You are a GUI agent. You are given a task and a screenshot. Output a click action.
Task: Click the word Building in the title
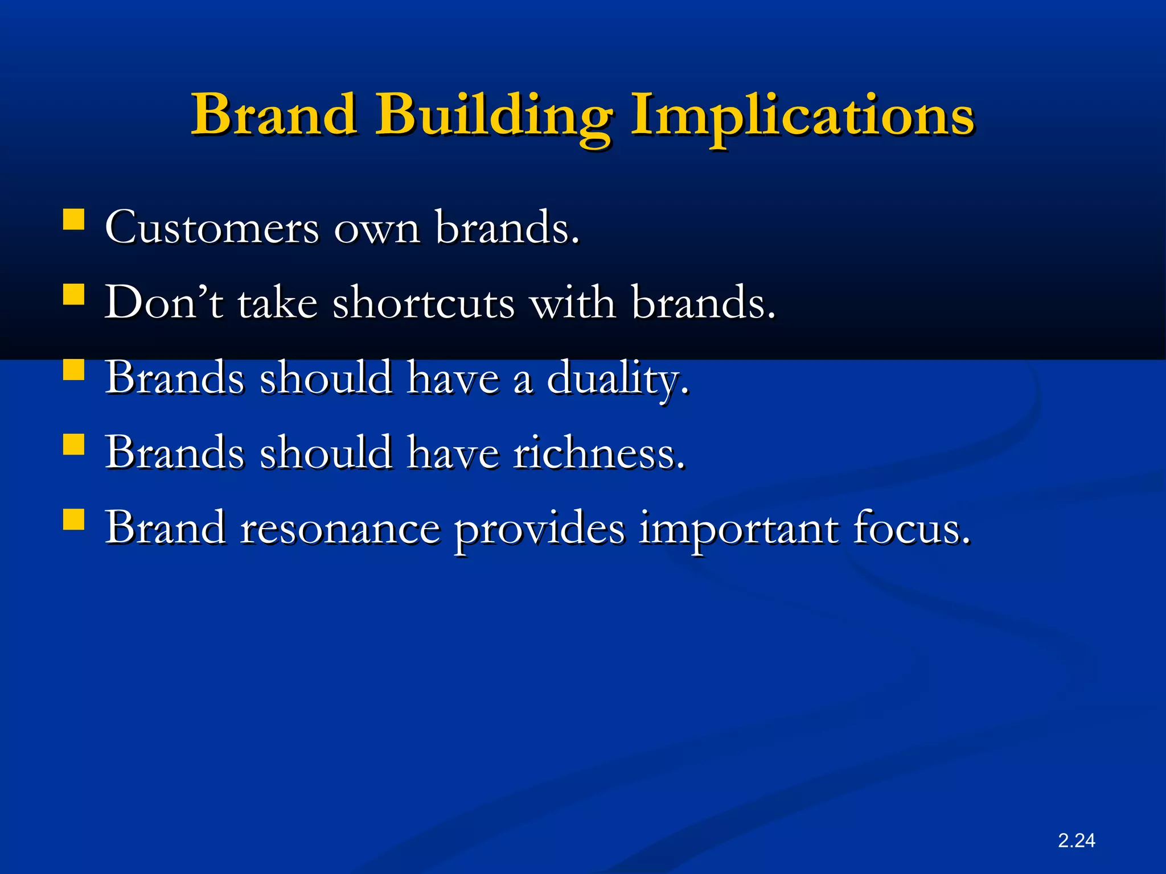493,117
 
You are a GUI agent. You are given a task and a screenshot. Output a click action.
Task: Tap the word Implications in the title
803,117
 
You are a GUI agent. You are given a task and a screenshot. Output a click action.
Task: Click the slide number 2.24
1076,840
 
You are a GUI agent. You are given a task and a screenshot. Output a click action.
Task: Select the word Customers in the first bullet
212,228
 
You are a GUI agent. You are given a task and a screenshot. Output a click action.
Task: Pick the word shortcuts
424,303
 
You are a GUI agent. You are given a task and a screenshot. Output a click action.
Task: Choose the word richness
598,454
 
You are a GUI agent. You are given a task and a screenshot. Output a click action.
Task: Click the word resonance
340,529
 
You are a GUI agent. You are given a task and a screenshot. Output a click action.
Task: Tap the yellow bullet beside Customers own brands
74,219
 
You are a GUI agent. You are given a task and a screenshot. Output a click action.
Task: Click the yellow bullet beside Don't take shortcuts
74,295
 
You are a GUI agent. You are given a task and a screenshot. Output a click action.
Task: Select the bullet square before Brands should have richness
74,444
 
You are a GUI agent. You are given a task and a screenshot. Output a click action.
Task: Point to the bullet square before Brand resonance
74,520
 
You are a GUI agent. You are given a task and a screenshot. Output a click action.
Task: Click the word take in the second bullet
277,303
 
